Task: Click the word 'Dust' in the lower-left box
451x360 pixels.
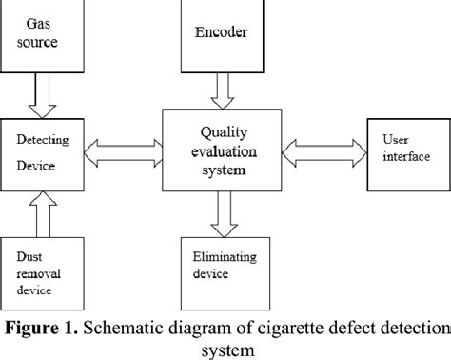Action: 30,255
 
